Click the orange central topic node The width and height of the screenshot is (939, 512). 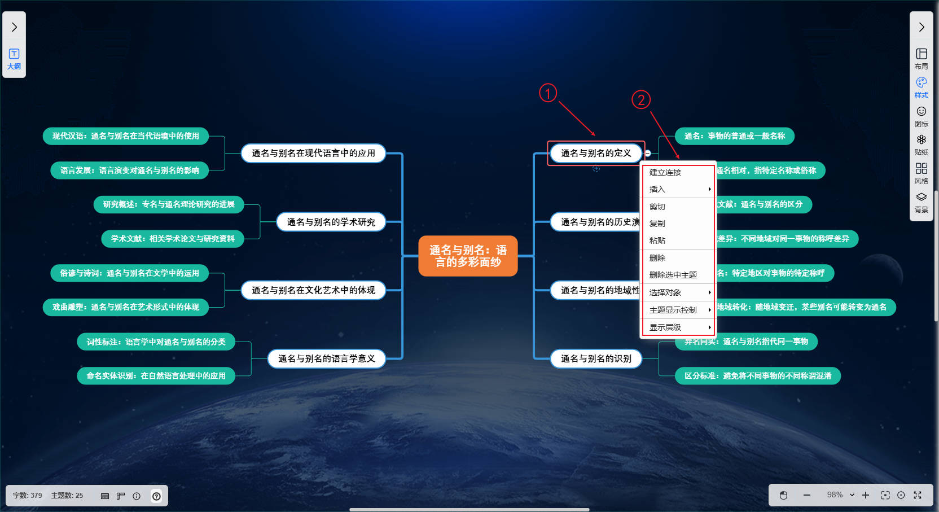pos(468,256)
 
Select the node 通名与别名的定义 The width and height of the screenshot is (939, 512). pos(595,153)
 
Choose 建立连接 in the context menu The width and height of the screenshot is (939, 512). pos(665,172)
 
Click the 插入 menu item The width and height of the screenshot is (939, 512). pos(657,189)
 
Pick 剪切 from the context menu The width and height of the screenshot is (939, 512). pos(657,207)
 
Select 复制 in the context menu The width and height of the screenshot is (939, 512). pos(657,224)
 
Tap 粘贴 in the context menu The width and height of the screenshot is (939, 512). pos(657,240)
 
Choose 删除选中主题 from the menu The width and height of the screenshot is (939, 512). pos(673,275)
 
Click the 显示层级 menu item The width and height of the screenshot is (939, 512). pos(665,327)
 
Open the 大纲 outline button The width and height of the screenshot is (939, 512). pos(14,58)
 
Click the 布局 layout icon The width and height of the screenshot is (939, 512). pos(922,58)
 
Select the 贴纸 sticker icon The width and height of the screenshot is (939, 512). pos(922,144)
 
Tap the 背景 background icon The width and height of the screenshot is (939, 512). pos(922,202)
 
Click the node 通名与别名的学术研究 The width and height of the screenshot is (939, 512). pos(331,222)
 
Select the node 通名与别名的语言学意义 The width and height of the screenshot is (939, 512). pos(326,358)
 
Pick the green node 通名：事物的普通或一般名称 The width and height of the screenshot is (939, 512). pos(734,136)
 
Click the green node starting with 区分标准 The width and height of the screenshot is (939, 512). pos(757,376)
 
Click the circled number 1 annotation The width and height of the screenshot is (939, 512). pos(548,93)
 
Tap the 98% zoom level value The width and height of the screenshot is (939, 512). pos(835,495)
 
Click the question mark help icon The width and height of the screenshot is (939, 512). pos(156,496)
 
